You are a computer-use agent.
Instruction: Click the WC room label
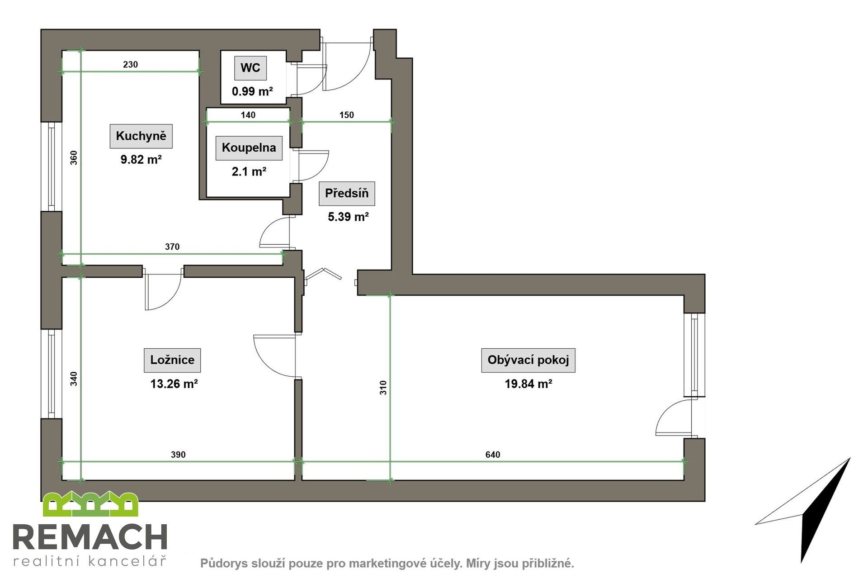click(x=250, y=68)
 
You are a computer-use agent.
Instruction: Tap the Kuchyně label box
click(x=141, y=136)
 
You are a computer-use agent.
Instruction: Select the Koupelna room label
click(x=249, y=147)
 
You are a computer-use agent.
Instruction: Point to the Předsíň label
click(x=347, y=193)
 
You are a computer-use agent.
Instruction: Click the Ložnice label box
click(x=172, y=360)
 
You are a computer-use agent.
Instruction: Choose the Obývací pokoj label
click(x=528, y=360)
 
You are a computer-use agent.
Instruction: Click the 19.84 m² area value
click(x=528, y=384)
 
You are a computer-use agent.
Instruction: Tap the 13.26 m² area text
click(x=174, y=384)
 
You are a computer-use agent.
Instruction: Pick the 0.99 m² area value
click(x=252, y=92)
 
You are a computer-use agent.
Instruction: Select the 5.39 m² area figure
click(x=348, y=217)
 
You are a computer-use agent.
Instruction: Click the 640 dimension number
click(x=493, y=455)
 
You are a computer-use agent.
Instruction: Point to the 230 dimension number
click(x=130, y=65)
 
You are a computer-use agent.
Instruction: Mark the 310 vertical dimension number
click(x=383, y=388)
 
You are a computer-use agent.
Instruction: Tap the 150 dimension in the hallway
click(x=346, y=115)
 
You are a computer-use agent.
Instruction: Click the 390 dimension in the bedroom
click(x=178, y=455)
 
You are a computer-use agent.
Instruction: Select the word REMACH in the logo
click(x=90, y=537)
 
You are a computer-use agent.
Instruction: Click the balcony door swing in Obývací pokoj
click(x=674, y=418)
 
